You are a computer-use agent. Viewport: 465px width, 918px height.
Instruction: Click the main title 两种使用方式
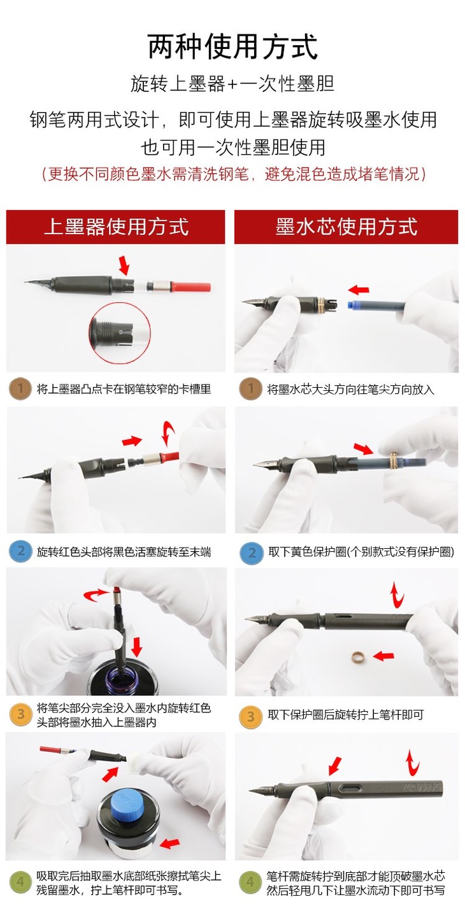(232, 47)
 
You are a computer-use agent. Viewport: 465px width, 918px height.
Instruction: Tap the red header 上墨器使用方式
(116, 227)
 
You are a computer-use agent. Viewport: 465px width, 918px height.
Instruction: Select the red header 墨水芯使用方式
(347, 227)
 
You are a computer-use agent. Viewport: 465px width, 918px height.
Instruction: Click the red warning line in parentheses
(233, 174)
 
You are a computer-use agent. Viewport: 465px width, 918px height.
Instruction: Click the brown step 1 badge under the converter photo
(20, 388)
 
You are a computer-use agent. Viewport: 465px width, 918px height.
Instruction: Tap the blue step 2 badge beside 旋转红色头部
(20, 551)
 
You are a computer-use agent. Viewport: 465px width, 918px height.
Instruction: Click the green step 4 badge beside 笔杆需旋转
(250, 882)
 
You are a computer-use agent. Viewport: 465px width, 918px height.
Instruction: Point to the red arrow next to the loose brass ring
(384, 656)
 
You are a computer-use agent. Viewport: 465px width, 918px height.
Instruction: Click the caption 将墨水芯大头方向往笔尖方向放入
(350, 389)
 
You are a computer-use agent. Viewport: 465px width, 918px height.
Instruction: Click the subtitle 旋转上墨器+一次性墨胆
(232, 83)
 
